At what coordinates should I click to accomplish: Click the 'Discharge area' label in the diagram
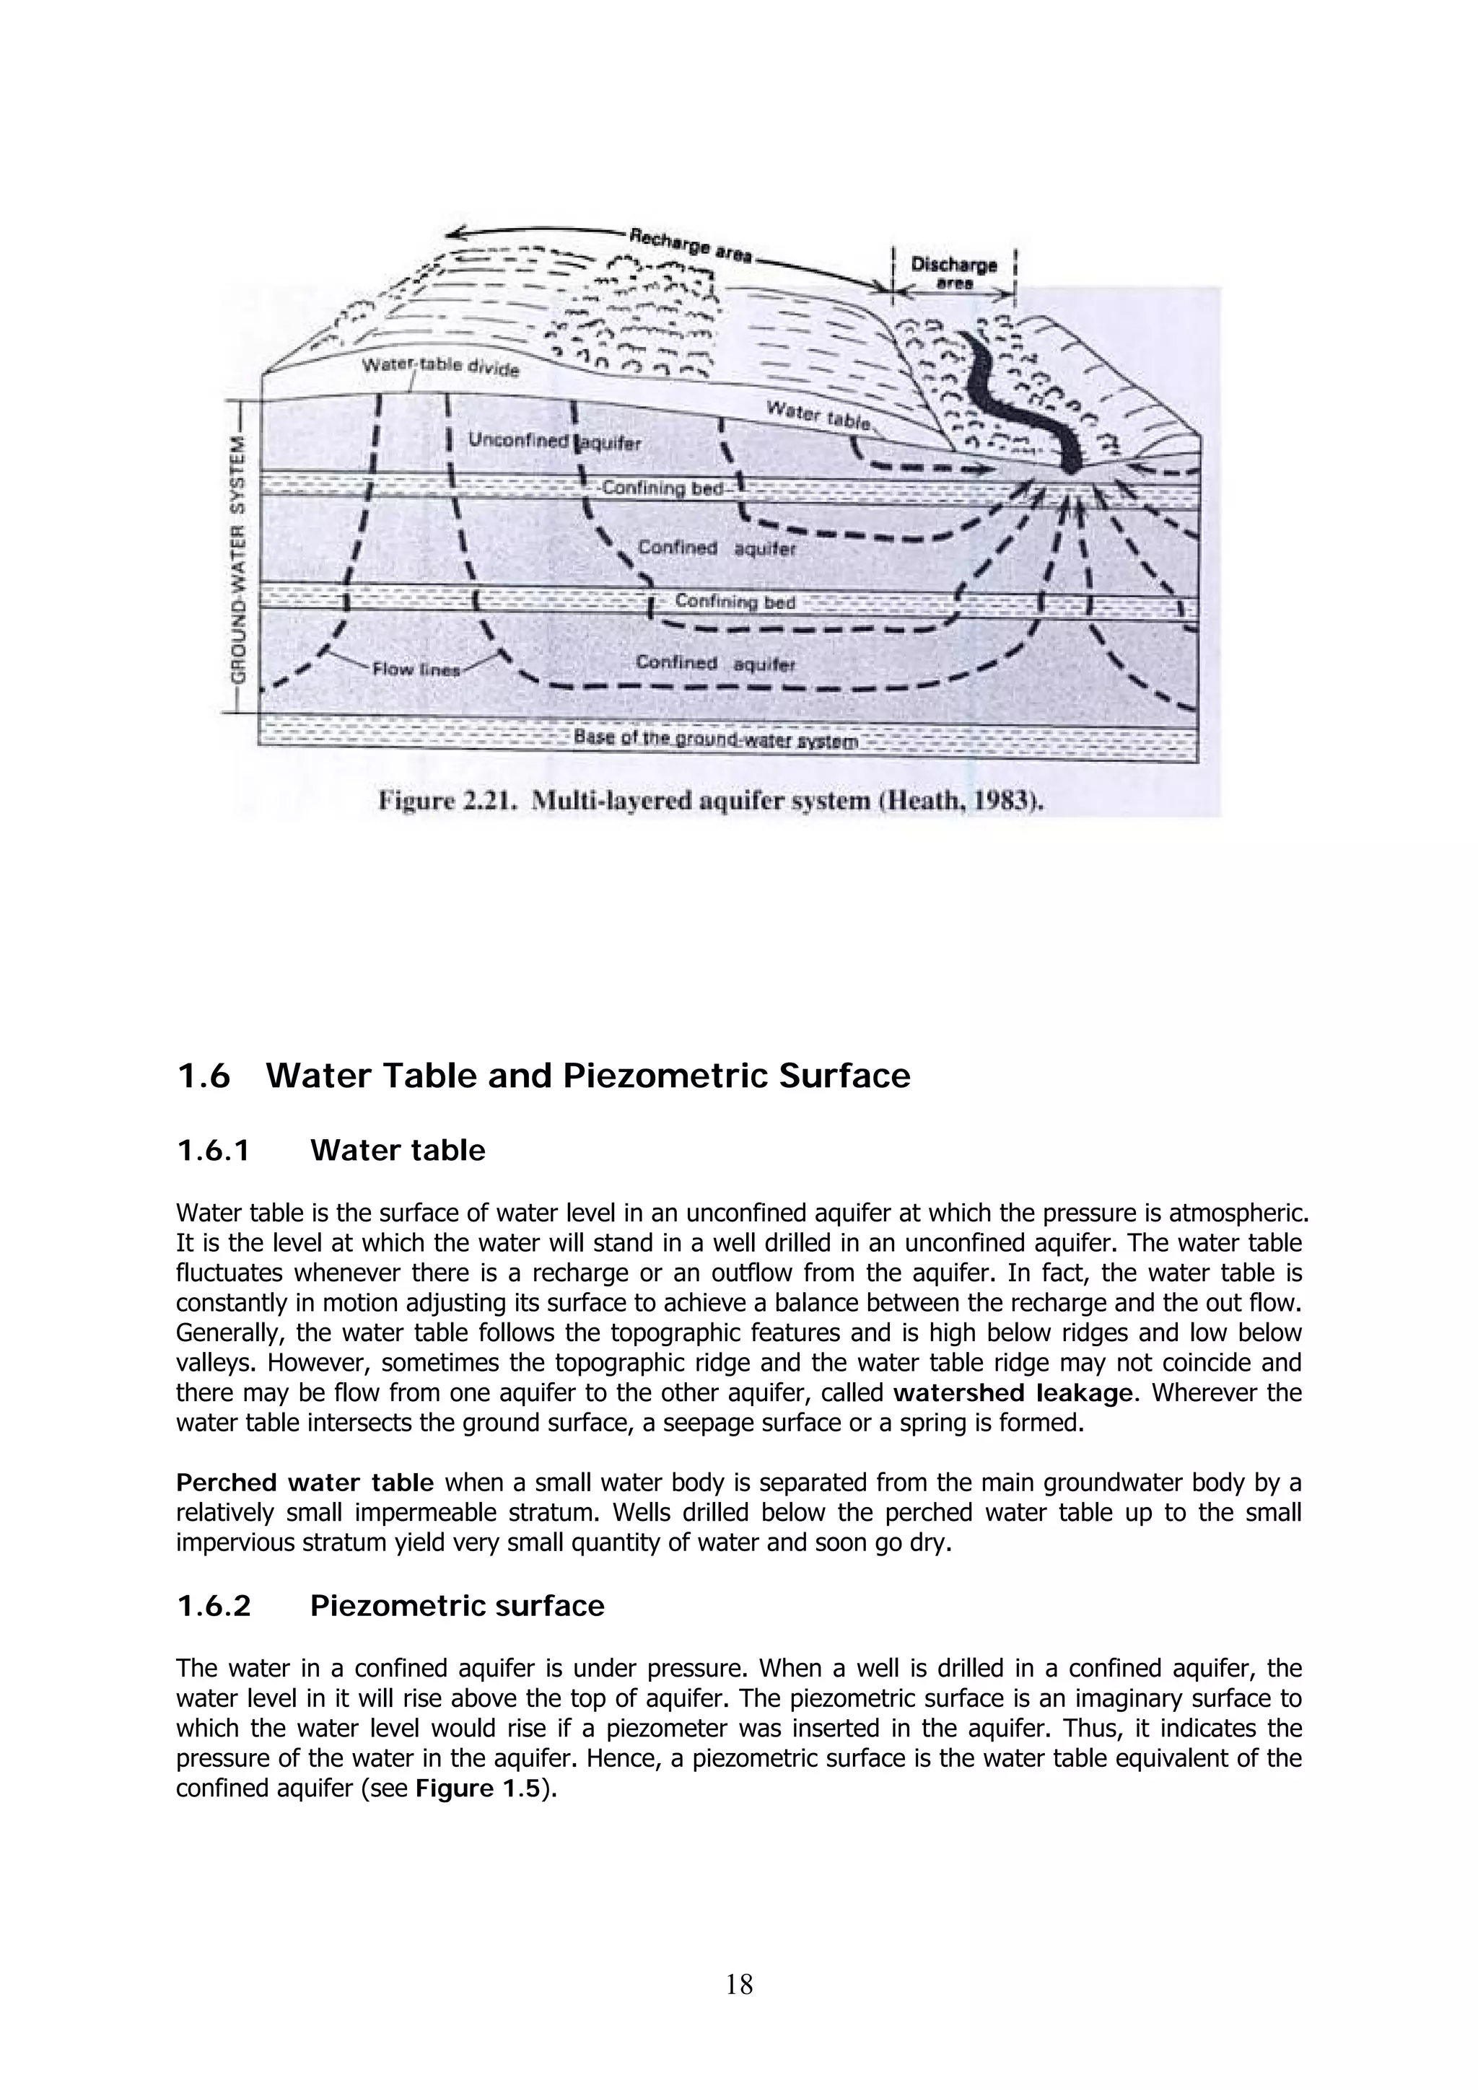point(953,272)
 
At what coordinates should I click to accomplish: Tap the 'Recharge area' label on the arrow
point(690,246)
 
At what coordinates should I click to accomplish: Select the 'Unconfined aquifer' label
point(541,442)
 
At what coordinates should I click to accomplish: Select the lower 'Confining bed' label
point(734,602)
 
